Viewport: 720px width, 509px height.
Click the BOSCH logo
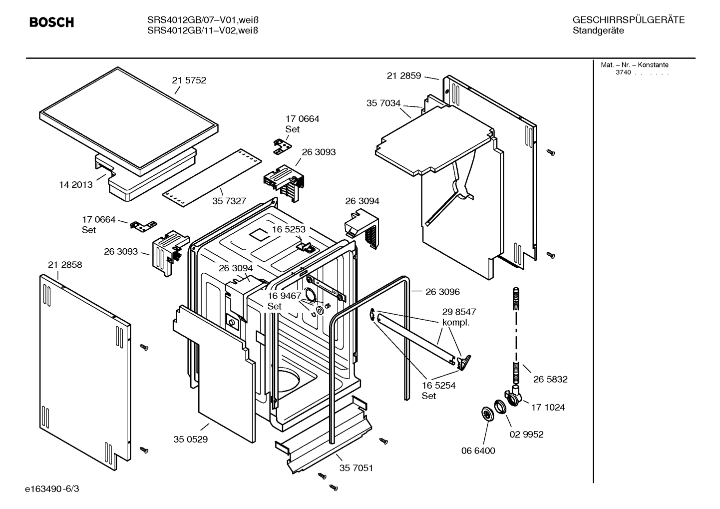click(x=51, y=22)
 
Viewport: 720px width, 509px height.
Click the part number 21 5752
click(x=189, y=80)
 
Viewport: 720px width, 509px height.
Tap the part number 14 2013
click(x=76, y=185)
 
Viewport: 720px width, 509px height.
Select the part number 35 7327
click(x=229, y=201)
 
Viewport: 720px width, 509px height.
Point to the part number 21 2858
click(x=65, y=265)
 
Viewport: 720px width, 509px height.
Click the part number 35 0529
click(x=190, y=440)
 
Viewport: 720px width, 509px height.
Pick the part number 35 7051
click(x=356, y=468)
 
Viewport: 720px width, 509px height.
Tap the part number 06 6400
click(x=478, y=451)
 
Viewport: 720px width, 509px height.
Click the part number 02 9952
click(x=526, y=434)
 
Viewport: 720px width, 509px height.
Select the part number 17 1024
click(x=548, y=408)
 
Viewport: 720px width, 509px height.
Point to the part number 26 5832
click(x=550, y=380)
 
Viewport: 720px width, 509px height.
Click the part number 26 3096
click(x=442, y=292)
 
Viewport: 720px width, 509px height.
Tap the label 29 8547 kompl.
click(x=459, y=317)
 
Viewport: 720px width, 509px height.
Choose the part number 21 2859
click(x=403, y=76)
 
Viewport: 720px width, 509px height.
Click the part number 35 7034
click(x=383, y=103)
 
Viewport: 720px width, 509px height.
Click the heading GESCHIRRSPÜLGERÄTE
click(x=628, y=20)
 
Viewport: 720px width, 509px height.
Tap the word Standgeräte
click(x=598, y=31)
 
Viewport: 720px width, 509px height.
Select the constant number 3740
click(x=623, y=72)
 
